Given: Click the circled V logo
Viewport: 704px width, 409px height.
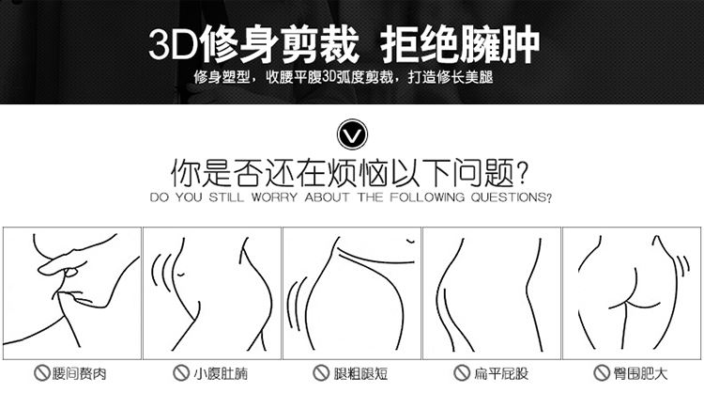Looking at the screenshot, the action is tap(352, 134).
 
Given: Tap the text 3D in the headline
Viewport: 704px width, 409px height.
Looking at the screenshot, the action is tap(173, 44).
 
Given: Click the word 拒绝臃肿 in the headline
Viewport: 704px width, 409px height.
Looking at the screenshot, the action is tap(459, 43).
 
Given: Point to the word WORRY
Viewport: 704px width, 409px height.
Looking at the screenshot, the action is tap(274, 197).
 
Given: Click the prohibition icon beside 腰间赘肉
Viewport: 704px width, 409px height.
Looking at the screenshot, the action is tap(41, 373).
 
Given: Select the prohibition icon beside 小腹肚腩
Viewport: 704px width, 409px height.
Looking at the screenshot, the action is tap(181, 372).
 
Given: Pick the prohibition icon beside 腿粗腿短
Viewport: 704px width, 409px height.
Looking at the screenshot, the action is tap(321, 372).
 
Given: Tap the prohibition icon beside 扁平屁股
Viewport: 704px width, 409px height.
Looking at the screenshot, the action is tap(461, 372).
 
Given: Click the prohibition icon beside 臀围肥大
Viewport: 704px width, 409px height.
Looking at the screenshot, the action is tap(601, 372).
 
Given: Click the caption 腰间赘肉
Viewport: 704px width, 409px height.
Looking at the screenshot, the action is tap(80, 373).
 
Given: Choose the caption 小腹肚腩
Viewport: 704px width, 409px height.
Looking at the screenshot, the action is tap(221, 373).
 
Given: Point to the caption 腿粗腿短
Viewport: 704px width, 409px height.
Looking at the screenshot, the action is tap(360, 373).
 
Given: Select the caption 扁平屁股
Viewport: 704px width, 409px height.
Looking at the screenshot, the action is tap(500, 373).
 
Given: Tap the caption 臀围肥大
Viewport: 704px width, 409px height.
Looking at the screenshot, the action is tap(641, 373).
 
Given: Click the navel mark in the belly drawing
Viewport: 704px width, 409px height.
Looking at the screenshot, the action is tap(180, 274).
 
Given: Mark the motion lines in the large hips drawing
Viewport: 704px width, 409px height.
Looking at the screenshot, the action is tap(682, 267).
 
